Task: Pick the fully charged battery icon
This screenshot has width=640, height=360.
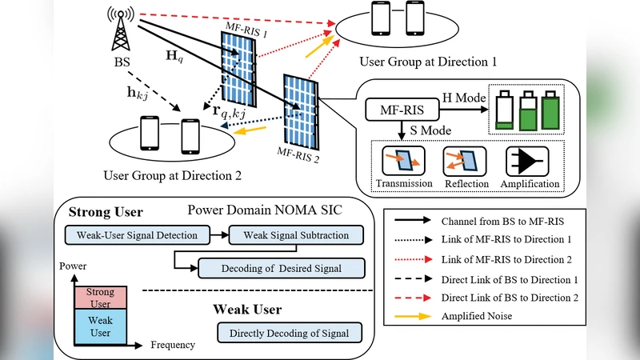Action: pos(550,109)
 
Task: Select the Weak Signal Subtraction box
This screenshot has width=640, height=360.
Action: pos(296,235)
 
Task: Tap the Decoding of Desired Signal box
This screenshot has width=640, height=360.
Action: pos(281,267)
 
